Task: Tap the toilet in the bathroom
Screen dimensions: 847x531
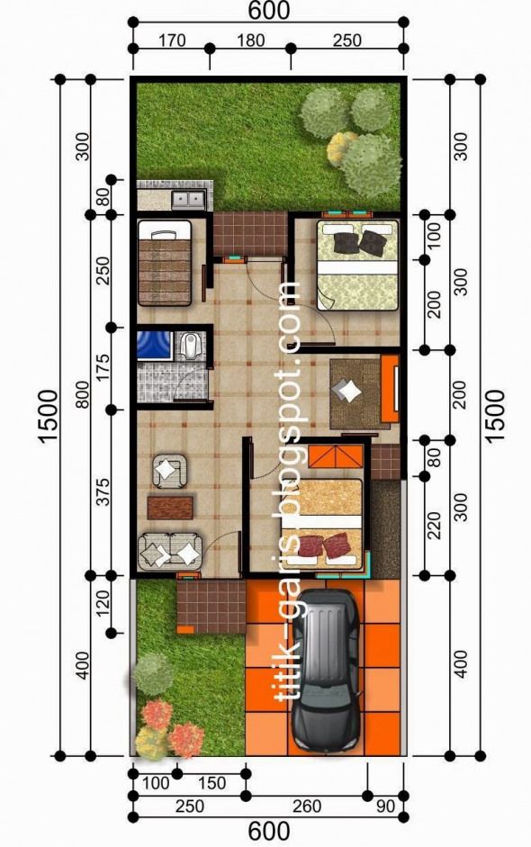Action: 189,347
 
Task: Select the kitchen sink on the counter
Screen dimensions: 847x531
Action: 188,198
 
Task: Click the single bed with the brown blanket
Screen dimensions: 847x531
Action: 165,266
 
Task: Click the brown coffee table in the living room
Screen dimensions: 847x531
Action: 170,507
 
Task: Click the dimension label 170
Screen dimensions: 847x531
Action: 170,40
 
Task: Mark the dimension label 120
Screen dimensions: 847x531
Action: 103,605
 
